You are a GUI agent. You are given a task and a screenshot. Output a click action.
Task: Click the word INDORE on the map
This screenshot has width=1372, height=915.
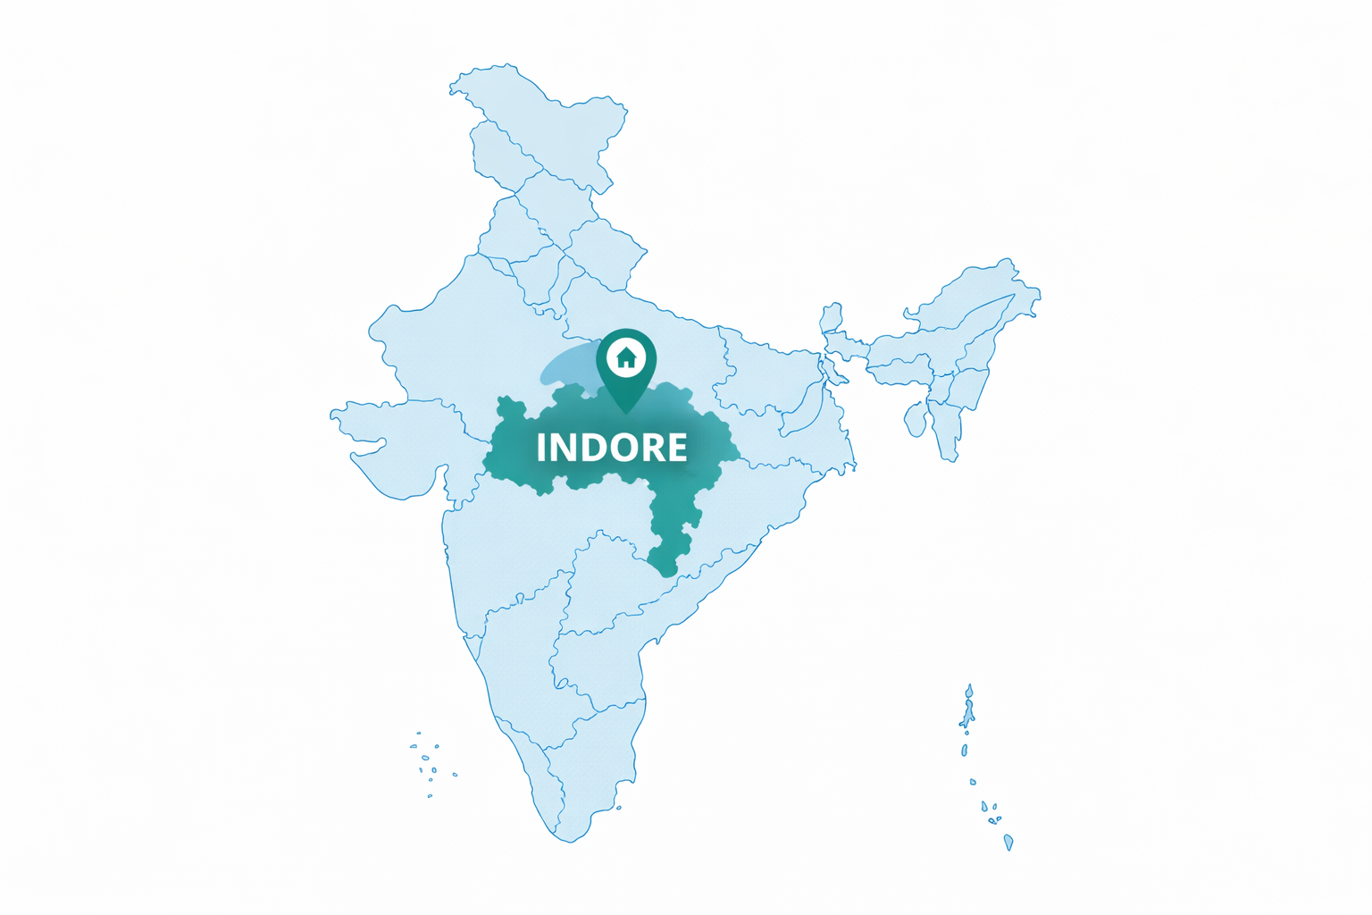pyautogui.click(x=612, y=448)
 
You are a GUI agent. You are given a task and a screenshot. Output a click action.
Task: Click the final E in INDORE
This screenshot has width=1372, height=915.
pyautogui.click(x=677, y=448)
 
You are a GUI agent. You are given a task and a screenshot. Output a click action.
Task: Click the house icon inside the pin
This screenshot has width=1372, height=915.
pyautogui.click(x=626, y=358)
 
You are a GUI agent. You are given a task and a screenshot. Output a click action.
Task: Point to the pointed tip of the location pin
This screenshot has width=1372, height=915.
pyautogui.click(x=626, y=412)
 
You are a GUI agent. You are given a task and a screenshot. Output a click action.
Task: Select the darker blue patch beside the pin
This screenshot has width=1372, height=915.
pyautogui.click(x=567, y=365)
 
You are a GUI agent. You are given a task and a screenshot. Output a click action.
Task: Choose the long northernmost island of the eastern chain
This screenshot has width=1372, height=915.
pyautogui.click(x=968, y=706)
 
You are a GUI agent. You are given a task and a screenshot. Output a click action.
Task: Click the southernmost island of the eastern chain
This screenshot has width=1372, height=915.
pyautogui.click(x=1008, y=842)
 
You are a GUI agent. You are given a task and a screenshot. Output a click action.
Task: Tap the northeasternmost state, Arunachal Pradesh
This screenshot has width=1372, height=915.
pyautogui.click(x=983, y=286)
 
